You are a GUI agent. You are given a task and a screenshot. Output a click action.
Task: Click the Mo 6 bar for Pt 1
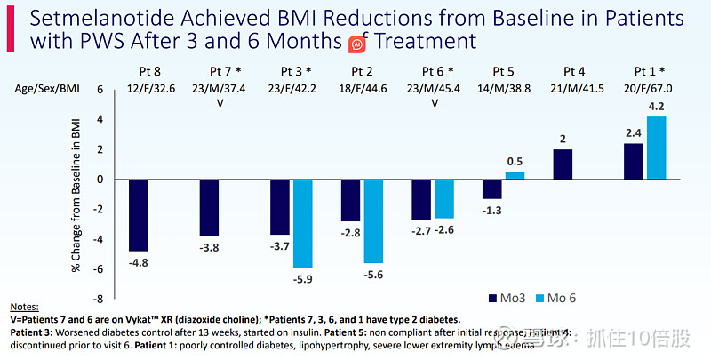(656, 148)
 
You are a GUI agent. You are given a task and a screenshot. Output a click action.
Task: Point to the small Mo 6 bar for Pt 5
(515, 175)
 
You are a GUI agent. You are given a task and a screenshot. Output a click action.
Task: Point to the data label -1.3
(492, 209)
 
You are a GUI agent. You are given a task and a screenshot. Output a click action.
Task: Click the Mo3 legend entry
(506, 297)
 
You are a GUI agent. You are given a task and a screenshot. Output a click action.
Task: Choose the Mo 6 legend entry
(565, 297)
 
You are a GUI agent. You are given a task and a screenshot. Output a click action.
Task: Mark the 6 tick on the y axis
(100, 89)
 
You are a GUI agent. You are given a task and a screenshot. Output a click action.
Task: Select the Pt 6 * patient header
(433, 71)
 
